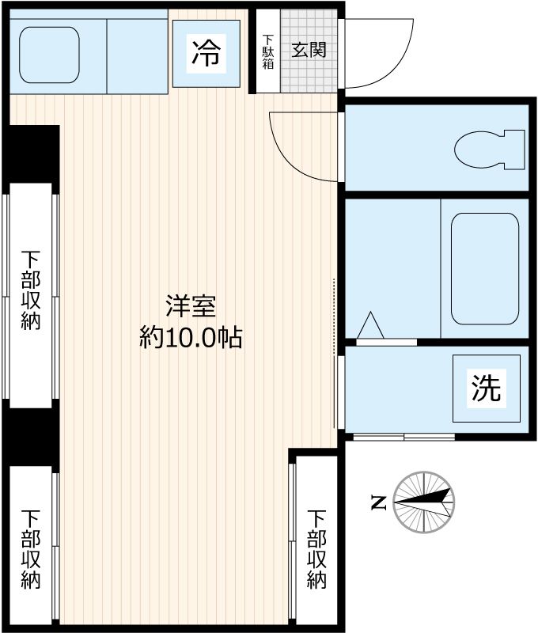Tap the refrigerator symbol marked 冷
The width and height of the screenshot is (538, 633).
(206, 53)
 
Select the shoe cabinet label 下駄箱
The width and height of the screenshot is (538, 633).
(268, 51)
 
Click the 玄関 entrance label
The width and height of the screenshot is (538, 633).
(309, 50)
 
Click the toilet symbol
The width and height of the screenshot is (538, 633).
(491, 148)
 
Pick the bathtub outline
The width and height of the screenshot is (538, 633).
(484, 269)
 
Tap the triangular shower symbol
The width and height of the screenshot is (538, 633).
(370, 326)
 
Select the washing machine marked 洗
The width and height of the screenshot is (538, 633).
(486, 389)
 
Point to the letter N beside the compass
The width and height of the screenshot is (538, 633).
(379, 502)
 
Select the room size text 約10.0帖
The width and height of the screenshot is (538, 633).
(191, 338)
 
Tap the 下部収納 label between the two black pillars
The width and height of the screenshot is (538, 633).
(31, 290)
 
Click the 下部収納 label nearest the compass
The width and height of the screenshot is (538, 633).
(316, 548)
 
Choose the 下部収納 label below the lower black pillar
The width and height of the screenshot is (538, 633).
(31, 548)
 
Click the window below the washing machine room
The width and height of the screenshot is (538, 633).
(403, 437)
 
